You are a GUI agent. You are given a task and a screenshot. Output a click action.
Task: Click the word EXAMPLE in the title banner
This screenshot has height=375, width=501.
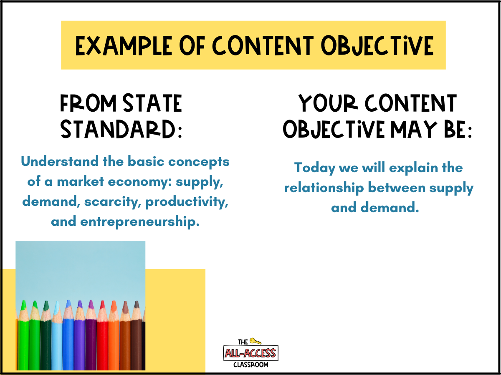pos(124,45)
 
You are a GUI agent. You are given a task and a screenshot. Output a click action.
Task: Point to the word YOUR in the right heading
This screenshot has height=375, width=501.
pos(328,103)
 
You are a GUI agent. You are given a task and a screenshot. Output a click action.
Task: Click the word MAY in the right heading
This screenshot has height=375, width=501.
pos(414,129)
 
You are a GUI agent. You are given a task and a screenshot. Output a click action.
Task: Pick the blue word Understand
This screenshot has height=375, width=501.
pos(60,161)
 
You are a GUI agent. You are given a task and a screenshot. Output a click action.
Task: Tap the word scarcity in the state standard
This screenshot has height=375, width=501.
pos(113,202)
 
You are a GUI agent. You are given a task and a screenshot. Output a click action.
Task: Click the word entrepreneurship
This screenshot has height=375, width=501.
pos(140,222)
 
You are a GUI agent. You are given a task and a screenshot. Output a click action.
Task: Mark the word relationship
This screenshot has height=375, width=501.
pos(324,188)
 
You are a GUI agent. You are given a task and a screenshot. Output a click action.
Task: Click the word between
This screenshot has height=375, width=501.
pos(397,188)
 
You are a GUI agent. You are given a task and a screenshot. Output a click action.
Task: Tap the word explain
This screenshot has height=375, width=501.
pos(413,168)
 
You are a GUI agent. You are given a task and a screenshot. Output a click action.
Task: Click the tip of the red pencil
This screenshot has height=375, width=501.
pos(102,301)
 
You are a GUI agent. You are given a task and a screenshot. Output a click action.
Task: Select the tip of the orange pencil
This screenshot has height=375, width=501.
pos(114,301)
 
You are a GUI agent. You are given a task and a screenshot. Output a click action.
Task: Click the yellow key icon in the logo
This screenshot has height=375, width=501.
pos(255,341)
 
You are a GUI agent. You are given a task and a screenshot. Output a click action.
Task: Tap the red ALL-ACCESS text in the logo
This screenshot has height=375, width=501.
pos(250,353)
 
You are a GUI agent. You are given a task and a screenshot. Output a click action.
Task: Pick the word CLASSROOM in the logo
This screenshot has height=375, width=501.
pos(251,365)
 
